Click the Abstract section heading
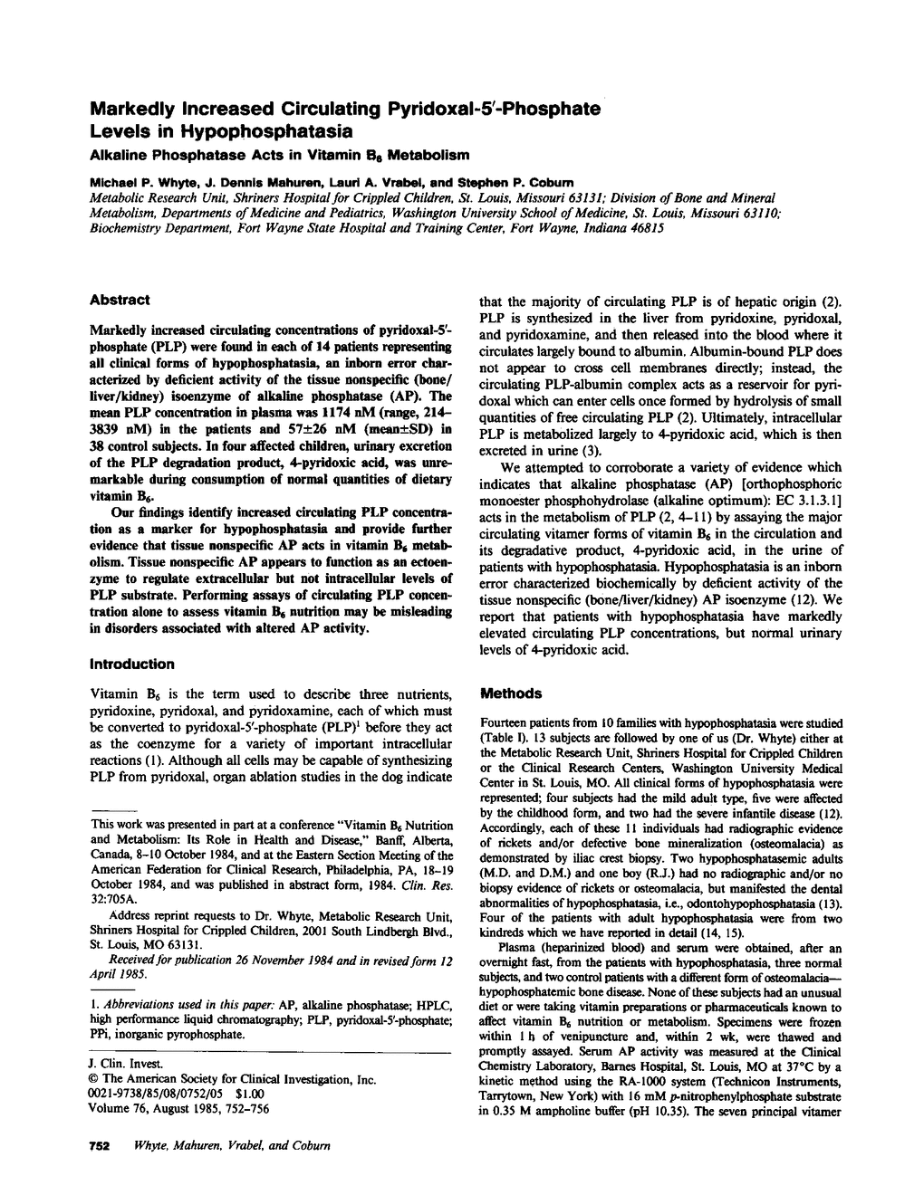[120, 300]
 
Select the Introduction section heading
[131, 664]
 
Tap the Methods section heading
[510, 693]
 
